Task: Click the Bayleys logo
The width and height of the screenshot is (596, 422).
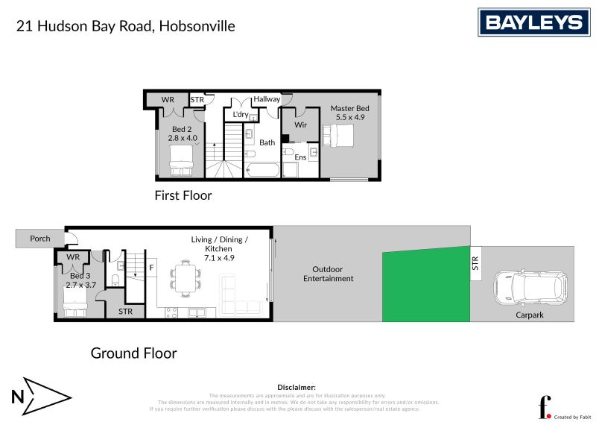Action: pyautogui.click(x=533, y=22)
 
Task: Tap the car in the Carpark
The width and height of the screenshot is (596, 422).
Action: pyautogui.click(x=530, y=287)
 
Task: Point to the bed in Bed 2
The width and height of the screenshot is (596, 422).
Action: pyautogui.click(x=182, y=161)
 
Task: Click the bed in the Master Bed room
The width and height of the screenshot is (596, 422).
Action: pyautogui.click(x=340, y=136)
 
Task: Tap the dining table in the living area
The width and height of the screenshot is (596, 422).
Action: pyautogui.click(x=185, y=279)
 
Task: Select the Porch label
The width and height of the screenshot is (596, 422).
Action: pyautogui.click(x=40, y=239)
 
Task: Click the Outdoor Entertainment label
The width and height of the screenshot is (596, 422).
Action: pyautogui.click(x=328, y=274)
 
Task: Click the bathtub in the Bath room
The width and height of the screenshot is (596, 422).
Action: pyautogui.click(x=261, y=169)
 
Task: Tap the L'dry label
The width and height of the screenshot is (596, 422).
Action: pyautogui.click(x=240, y=115)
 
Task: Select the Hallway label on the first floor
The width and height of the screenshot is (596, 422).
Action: pyautogui.click(x=267, y=99)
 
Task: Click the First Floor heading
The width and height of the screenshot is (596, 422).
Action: pyautogui.click(x=183, y=196)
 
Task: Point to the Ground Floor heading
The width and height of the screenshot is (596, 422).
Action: pyautogui.click(x=134, y=353)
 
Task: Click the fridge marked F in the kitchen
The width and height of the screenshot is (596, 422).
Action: pyautogui.click(x=151, y=266)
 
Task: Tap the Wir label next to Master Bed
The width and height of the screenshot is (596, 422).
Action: pyautogui.click(x=300, y=126)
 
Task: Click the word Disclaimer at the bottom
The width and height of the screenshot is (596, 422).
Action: pyautogui.click(x=297, y=388)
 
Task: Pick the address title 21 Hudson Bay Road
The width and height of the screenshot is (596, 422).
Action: pyautogui.click(x=126, y=26)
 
